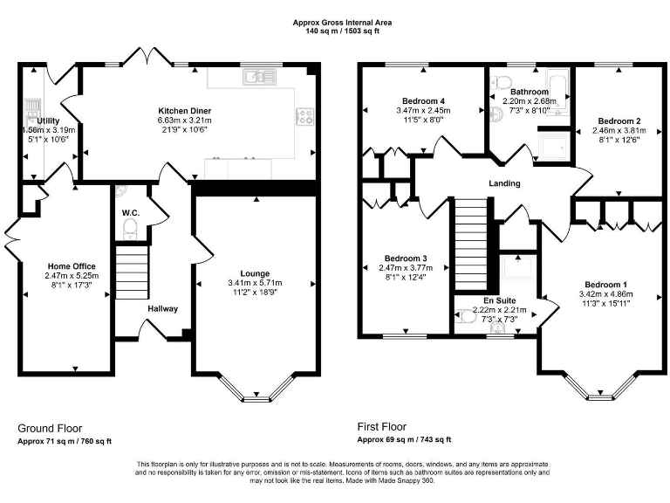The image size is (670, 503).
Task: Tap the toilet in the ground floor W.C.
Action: (131, 229)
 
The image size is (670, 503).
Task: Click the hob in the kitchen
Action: (305, 116)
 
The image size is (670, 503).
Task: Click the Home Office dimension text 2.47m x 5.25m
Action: (72, 276)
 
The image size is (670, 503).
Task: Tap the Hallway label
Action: (162, 308)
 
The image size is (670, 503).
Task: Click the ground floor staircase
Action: (133, 272)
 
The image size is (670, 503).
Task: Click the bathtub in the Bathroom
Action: (558, 91)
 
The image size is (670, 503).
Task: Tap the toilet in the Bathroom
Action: (501, 82)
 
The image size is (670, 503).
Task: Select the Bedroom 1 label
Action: (605, 286)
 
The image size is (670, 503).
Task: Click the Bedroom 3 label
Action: (406, 258)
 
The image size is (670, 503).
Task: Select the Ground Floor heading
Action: (50, 429)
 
